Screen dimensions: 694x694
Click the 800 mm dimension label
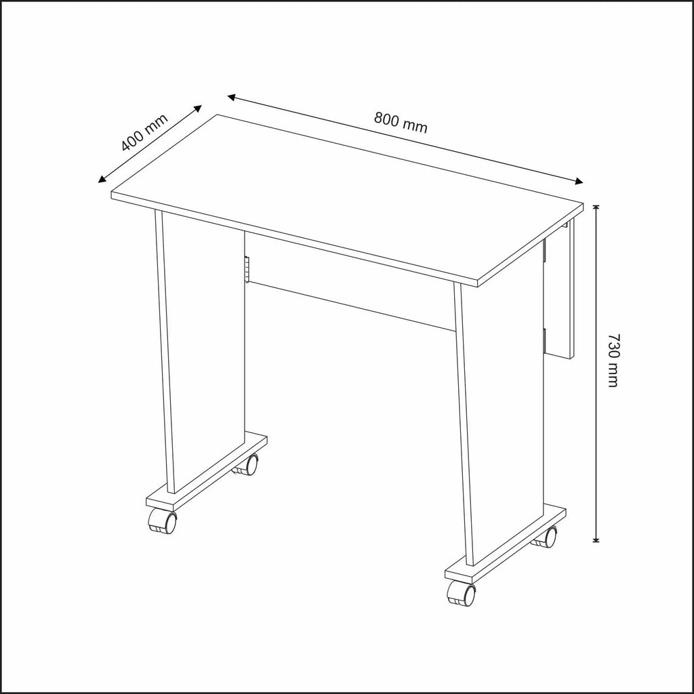click(401, 123)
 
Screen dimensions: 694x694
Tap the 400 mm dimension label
click(144, 132)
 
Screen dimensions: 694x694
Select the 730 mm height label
click(613, 361)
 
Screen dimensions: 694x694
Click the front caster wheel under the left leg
click(162, 520)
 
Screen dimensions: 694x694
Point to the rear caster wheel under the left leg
click(247, 465)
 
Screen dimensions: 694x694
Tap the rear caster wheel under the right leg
click(545, 537)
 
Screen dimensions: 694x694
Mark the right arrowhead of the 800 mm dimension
click(579, 180)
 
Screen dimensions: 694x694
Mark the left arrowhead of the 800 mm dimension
click(232, 97)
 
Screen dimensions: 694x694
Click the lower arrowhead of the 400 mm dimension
click(102, 179)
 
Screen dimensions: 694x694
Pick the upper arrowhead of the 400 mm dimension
click(197, 108)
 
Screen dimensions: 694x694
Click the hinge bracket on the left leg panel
click(247, 269)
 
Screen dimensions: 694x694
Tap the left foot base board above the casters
click(207, 471)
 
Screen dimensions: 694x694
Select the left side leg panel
click(200, 351)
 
